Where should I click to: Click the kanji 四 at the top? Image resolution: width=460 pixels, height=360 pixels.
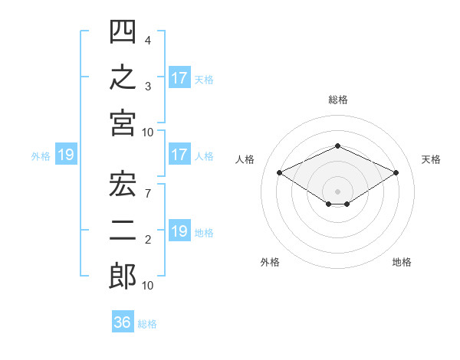tap(123, 31)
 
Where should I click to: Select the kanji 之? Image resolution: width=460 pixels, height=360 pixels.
tap(123, 77)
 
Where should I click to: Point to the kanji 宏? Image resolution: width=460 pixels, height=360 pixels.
tap(123, 184)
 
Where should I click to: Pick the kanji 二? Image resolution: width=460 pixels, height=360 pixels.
tap(123, 231)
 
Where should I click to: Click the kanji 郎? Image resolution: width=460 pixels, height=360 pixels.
tap(123, 277)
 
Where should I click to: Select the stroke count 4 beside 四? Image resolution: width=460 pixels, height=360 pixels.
tap(148, 41)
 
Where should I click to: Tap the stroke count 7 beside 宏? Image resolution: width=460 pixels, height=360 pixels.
tap(148, 194)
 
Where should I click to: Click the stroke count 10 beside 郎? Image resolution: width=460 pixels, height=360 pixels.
tap(147, 286)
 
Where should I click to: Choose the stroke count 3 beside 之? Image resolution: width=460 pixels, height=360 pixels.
tap(148, 87)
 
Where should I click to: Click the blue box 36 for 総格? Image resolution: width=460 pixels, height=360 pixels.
tap(123, 321)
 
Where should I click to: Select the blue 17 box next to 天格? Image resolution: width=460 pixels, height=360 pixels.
tap(180, 77)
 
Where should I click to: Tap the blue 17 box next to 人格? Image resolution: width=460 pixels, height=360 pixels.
tap(180, 154)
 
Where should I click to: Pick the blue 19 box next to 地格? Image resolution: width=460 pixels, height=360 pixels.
tap(180, 230)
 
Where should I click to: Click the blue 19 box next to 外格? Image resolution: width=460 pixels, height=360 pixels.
tap(66, 154)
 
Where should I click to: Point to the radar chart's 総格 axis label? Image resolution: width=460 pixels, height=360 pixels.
tap(338, 100)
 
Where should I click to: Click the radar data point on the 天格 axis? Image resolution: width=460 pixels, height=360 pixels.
tap(396, 172)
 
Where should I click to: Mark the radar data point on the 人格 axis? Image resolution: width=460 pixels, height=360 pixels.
tap(280, 172)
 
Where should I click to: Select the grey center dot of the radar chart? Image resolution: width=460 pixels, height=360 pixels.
tap(337, 191)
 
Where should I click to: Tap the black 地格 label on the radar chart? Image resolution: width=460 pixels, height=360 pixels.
tap(402, 262)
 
